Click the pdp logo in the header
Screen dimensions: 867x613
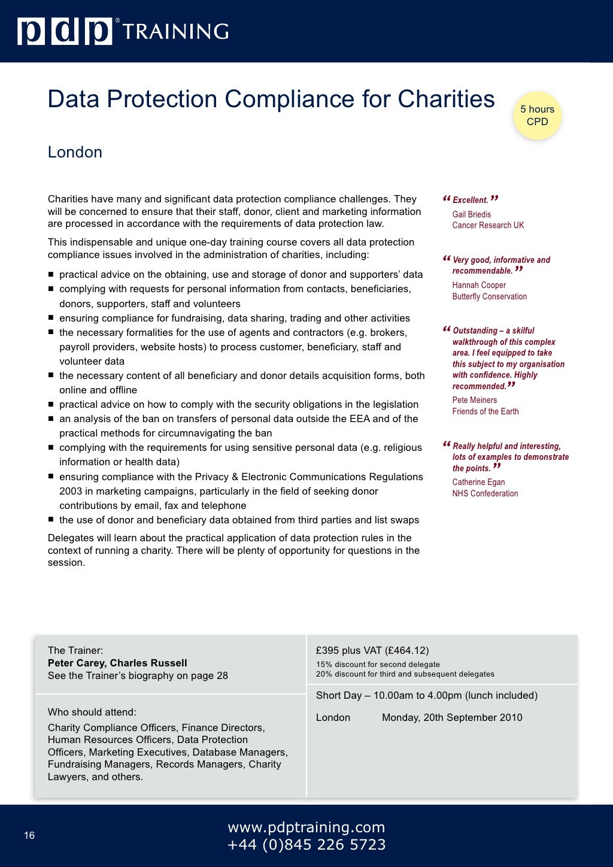(x=65, y=32)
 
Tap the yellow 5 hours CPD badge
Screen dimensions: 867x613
(x=537, y=116)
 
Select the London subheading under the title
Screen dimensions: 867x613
(x=75, y=152)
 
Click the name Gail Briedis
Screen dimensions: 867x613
(x=471, y=214)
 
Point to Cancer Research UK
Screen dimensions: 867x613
(x=488, y=225)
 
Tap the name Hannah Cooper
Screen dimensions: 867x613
(x=479, y=285)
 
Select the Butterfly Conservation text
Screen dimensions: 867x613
(x=489, y=296)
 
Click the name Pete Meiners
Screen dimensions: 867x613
(x=474, y=400)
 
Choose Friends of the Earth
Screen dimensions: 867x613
(x=485, y=411)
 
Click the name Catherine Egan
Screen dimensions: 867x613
(x=478, y=482)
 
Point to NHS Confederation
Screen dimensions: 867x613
(x=485, y=493)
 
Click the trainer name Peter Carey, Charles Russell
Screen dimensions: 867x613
(x=117, y=663)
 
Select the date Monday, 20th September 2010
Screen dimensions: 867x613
(x=452, y=717)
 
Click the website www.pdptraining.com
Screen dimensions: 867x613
(x=306, y=827)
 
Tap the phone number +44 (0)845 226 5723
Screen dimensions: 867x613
(x=306, y=845)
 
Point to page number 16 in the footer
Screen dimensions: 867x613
(x=29, y=835)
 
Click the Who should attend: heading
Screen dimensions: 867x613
(x=92, y=712)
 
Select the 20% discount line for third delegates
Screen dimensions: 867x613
(x=405, y=674)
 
